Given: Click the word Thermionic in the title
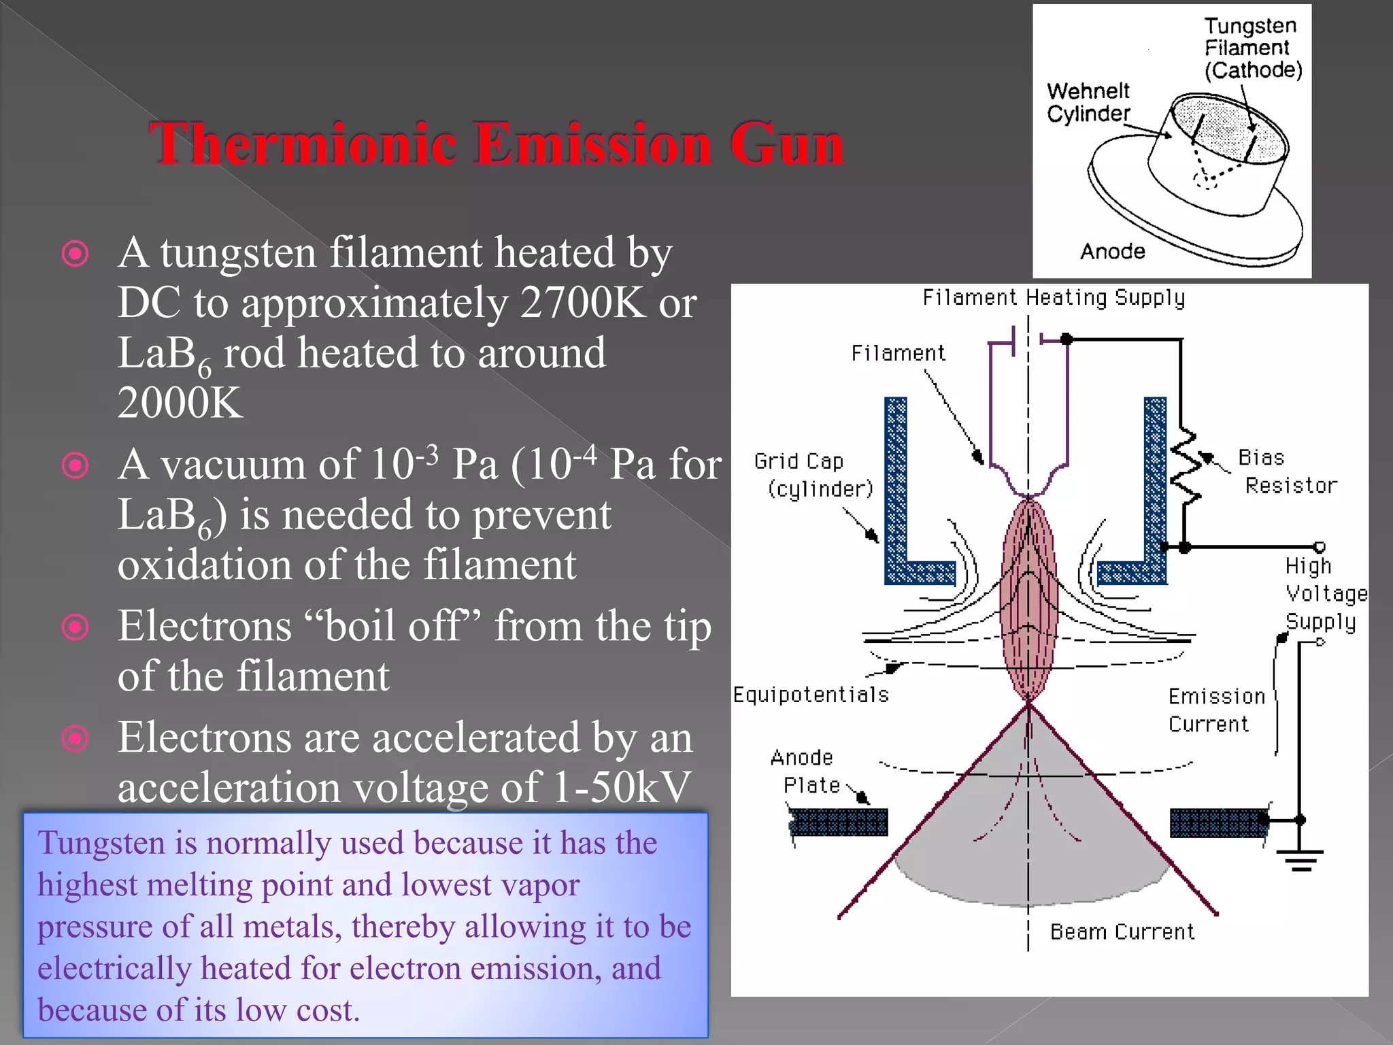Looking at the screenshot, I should point(303,144).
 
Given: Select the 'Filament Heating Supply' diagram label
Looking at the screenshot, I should point(1054,298).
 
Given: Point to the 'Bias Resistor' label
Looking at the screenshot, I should point(1286,471).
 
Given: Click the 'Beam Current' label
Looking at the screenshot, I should point(1122,932).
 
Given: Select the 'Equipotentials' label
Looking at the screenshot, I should point(811,695).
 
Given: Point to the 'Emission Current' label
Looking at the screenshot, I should point(1215,710).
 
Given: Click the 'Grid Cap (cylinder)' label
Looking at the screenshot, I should point(813,475).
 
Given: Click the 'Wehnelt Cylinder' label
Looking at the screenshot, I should point(1088,102).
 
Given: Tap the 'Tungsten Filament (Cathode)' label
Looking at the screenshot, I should point(1252,48).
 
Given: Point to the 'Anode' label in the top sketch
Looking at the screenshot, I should point(1113,252).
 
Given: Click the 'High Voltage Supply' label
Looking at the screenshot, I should point(1325,594).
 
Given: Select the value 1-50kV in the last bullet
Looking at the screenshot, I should point(622,788).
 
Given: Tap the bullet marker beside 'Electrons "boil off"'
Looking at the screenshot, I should point(75,627).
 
